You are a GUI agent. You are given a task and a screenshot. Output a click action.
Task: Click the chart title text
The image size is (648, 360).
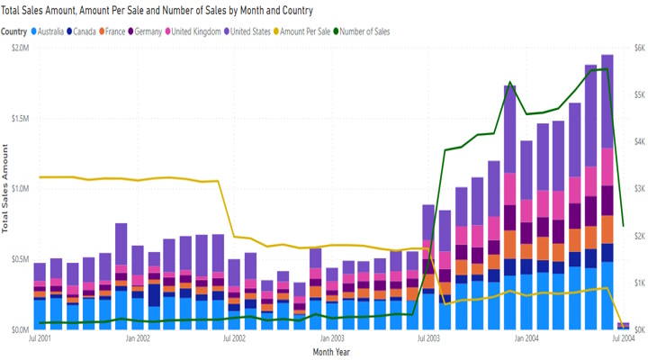157,11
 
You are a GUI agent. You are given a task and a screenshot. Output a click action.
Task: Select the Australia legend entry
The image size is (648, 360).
52,31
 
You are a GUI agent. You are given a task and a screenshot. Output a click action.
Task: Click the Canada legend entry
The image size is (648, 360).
85,31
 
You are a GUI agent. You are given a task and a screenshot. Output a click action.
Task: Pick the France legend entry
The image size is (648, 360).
115,31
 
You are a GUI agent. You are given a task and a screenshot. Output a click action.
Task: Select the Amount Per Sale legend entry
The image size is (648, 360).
304,31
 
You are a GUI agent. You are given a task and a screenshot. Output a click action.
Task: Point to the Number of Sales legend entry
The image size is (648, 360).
364,31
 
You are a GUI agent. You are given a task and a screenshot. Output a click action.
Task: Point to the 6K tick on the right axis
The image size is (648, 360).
634,49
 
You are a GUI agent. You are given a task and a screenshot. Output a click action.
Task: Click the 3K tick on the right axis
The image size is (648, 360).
634,189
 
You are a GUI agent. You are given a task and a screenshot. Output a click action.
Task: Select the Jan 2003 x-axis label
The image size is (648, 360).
333,339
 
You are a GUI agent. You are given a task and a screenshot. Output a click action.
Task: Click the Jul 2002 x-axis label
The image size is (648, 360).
234,339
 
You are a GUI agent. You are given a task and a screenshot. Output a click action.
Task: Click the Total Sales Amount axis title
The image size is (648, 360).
5,189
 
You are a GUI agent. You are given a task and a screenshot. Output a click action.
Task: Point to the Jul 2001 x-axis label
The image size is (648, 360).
39,339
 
